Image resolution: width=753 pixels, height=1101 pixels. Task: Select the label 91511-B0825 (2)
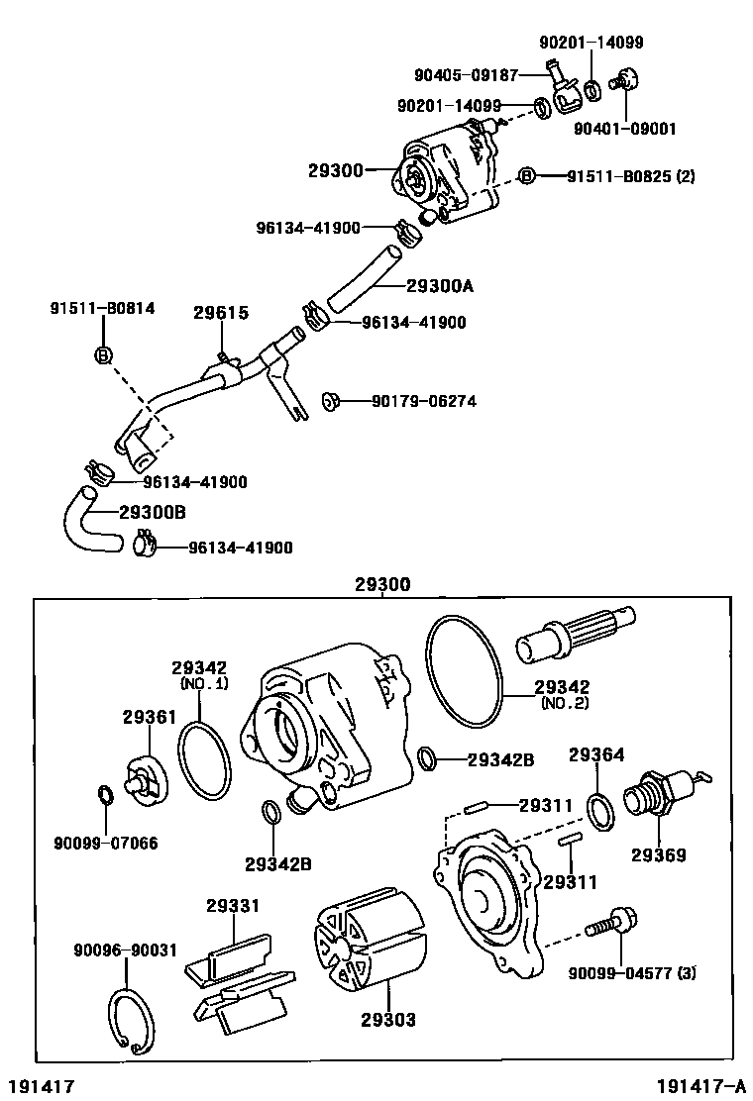(x=630, y=176)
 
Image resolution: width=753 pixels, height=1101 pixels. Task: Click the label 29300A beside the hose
(x=440, y=287)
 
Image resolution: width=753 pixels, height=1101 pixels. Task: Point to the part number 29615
(x=220, y=313)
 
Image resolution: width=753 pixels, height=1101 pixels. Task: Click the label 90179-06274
(x=424, y=401)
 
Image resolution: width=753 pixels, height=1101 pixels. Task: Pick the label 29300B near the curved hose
(x=153, y=512)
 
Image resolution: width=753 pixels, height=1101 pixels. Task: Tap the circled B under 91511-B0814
(x=103, y=354)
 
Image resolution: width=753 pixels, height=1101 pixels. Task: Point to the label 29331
(x=233, y=905)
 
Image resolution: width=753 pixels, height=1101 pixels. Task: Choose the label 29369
(x=659, y=854)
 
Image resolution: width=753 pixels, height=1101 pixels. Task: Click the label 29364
(x=596, y=755)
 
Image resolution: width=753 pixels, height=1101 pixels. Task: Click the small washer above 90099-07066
(x=105, y=793)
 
